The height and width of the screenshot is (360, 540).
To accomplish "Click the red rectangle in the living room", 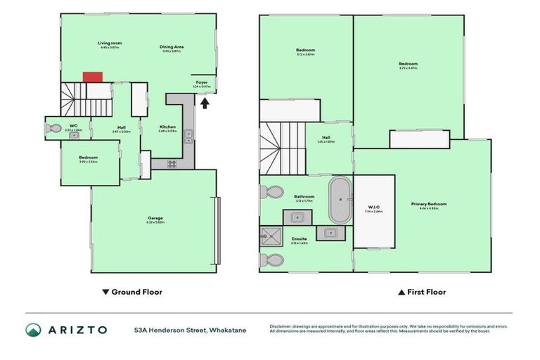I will coord(93,76).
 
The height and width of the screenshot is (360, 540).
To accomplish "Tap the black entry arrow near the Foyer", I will coord(205,104).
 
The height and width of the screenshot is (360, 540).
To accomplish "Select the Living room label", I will coord(108,44).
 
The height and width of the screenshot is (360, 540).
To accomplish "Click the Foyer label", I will coord(202,82).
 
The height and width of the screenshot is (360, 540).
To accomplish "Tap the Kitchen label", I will coord(167,127).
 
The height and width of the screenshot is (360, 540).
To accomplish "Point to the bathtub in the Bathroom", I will coord(339,200).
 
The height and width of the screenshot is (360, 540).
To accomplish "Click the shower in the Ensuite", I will coord(271,236).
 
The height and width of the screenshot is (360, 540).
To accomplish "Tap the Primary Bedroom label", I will coord(429,204).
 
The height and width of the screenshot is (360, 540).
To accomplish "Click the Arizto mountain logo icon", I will coord(33,329).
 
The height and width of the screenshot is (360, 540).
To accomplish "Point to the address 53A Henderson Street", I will coord(191,330).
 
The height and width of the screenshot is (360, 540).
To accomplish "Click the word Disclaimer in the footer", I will coord(281,326).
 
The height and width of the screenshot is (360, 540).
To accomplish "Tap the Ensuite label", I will coord(299,239).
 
